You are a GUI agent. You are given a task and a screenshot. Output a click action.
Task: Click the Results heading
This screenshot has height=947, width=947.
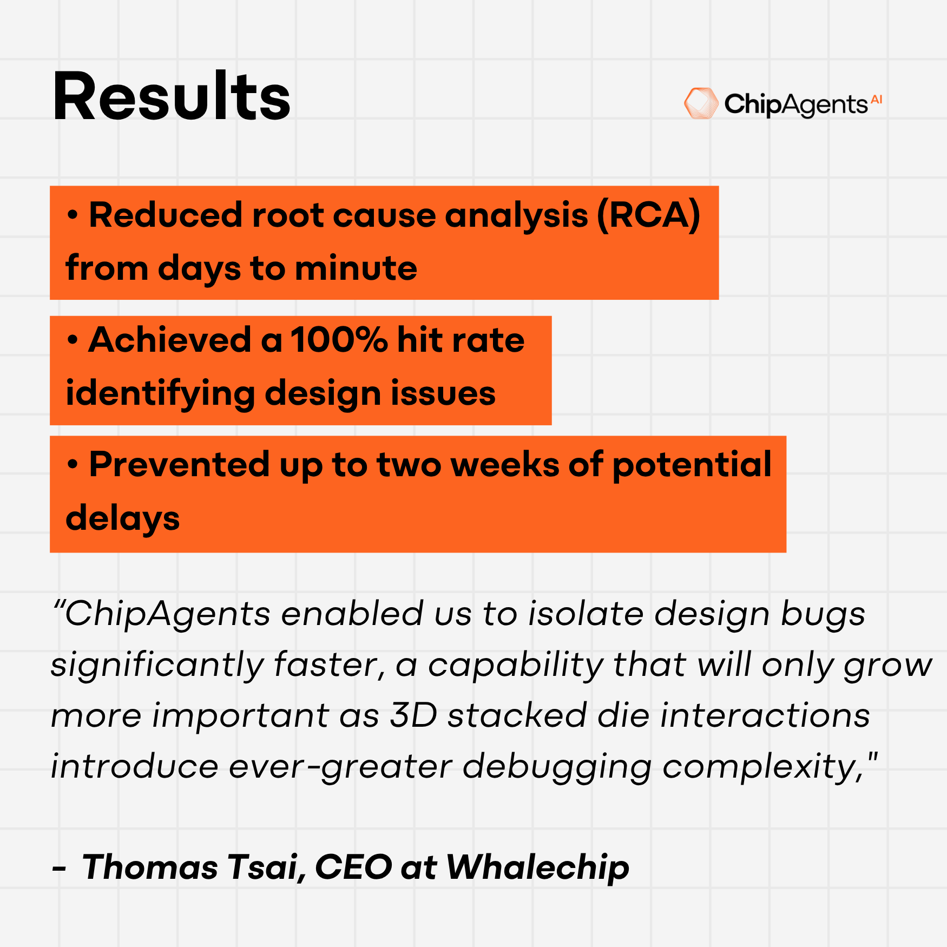coord(172,96)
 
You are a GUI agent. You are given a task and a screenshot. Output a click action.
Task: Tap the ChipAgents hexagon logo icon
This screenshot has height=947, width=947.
coord(701,103)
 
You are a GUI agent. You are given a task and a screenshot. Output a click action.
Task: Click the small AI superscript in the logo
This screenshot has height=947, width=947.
coord(877,100)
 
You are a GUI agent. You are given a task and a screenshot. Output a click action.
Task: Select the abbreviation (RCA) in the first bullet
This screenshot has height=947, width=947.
coord(649,215)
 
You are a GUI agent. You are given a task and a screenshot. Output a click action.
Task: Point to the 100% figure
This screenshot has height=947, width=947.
coord(339,340)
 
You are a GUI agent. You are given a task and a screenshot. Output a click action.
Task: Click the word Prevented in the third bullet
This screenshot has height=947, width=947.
coord(179,464)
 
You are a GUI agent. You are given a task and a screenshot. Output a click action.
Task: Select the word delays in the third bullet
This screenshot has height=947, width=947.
coord(122,518)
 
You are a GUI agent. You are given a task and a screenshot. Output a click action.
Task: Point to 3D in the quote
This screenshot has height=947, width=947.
coord(413,715)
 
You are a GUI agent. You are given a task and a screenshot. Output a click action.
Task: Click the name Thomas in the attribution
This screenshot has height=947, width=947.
coord(150,867)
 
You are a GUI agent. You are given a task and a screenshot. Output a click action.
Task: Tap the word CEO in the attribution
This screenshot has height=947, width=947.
coord(353,867)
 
